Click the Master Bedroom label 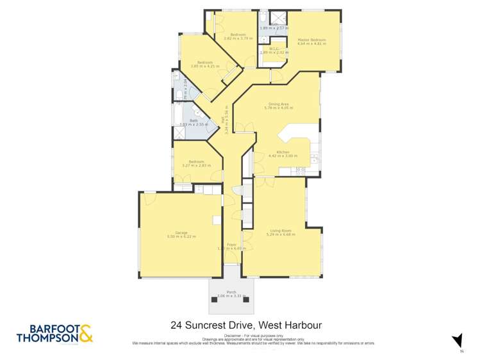(x=311, y=40)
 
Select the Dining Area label (x=278, y=104)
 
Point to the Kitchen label (x=283, y=152)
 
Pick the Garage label (x=181, y=233)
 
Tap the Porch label (x=231, y=292)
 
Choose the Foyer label (x=231, y=244)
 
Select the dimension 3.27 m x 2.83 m (x=192, y=165)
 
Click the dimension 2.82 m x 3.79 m (x=238, y=38)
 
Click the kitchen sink (x=313, y=158)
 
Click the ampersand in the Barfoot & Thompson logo (x=86, y=333)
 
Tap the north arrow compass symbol (x=457, y=340)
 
